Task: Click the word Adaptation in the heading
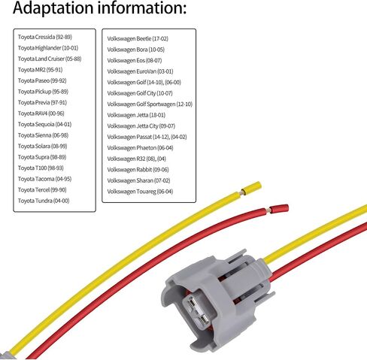(x=53, y=8)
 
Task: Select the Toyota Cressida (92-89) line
(x=45, y=37)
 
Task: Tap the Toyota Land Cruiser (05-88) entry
(x=50, y=59)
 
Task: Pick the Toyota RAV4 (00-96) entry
(x=41, y=113)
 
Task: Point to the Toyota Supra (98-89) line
(x=42, y=157)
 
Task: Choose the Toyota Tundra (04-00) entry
(x=44, y=201)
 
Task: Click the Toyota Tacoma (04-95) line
(x=44, y=179)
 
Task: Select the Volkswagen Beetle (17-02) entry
(x=138, y=39)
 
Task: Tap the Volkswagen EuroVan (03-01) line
(x=140, y=71)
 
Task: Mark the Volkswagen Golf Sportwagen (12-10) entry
(x=150, y=104)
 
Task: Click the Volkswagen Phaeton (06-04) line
(x=140, y=148)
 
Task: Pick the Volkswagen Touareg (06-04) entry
(x=140, y=192)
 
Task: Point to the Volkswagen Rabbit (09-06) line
(x=138, y=170)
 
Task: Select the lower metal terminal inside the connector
(x=204, y=320)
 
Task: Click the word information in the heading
(x=142, y=8)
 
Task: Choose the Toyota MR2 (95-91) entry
(x=40, y=70)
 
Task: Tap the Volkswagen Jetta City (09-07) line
(x=141, y=126)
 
